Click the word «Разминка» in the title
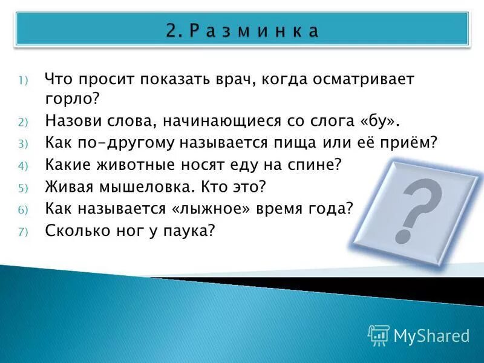tap(253, 31)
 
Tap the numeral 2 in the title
tap(171, 31)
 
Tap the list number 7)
tap(22, 231)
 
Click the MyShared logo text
tap(431, 336)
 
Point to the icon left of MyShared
tap(378, 335)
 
